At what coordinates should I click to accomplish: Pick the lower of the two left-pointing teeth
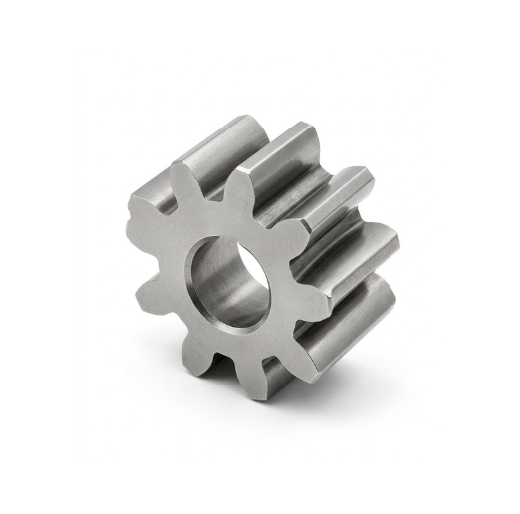149,295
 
